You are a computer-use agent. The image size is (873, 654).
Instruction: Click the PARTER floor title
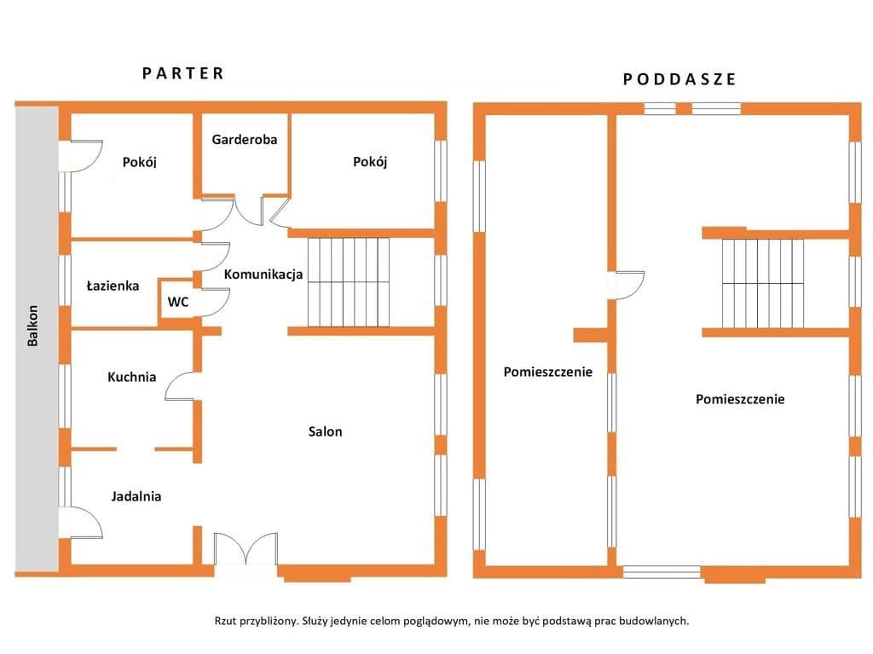pos(183,73)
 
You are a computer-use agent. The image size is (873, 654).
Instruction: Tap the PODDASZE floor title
pos(679,79)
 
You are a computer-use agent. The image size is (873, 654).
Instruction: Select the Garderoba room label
pos(245,139)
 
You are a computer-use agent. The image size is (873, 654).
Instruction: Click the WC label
pos(178,302)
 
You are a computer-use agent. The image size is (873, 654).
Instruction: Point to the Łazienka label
pos(113,286)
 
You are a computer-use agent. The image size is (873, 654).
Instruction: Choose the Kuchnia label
pos(131,377)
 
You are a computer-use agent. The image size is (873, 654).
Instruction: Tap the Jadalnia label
pos(136,496)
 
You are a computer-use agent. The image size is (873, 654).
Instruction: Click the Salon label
pos(325,431)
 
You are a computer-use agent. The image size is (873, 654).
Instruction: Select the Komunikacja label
pos(263,274)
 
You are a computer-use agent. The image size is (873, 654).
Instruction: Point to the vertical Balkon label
pos(33,326)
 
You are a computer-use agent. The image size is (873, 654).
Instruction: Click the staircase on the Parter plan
pos(349,282)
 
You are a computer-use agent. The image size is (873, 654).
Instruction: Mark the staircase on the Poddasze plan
pos(763,284)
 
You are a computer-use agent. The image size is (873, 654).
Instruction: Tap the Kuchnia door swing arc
pos(179,385)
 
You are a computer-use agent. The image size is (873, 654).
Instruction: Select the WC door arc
pos(215,302)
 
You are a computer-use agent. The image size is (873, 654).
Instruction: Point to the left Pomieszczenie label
pos(548,372)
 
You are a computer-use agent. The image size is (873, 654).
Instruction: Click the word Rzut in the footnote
pos(225,621)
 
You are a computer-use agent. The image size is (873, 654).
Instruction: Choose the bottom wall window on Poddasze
pos(662,572)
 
